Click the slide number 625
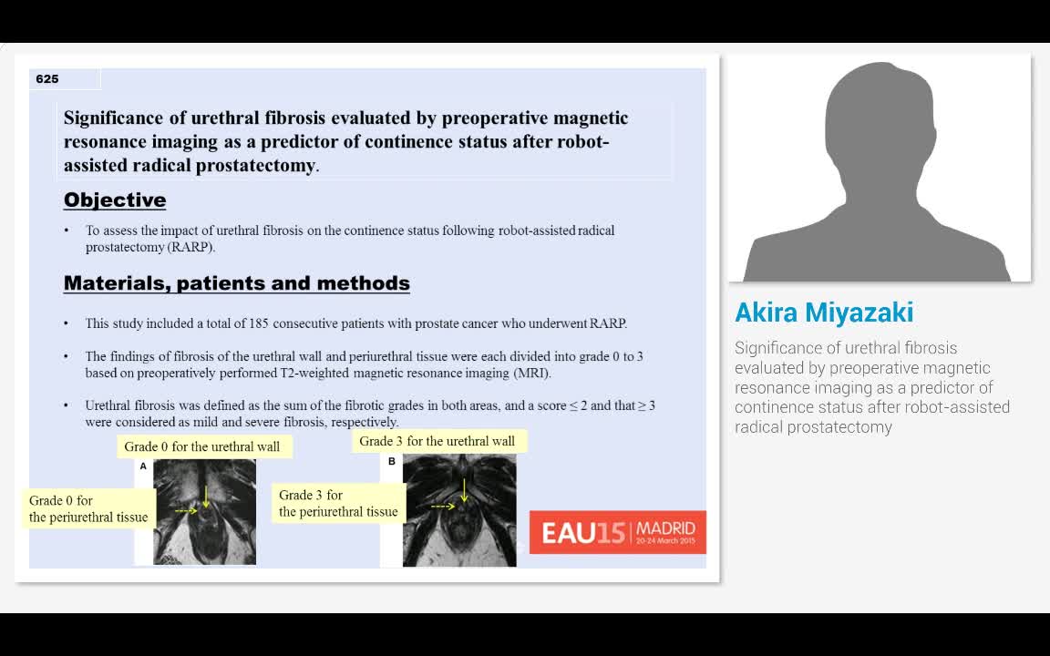click(x=47, y=79)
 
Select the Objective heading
click(x=115, y=200)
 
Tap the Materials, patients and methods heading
click(x=237, y=283)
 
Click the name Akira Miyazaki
click(x=824, y=313)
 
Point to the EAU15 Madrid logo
click(x=618, y=532)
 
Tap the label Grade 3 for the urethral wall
click(x=437, y=441)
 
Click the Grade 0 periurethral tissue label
click(x=88, y=509)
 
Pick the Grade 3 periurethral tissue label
click(x=338, y=504)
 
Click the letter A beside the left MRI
click(x=143, y=466)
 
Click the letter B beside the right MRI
click(x=392, y=462)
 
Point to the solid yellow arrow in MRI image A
click(x=207, y=496)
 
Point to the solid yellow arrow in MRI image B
click(x=464, y=489)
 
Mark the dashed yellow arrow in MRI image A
click(x=186, y=511)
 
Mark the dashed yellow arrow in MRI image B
click(x=443, y=506)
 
